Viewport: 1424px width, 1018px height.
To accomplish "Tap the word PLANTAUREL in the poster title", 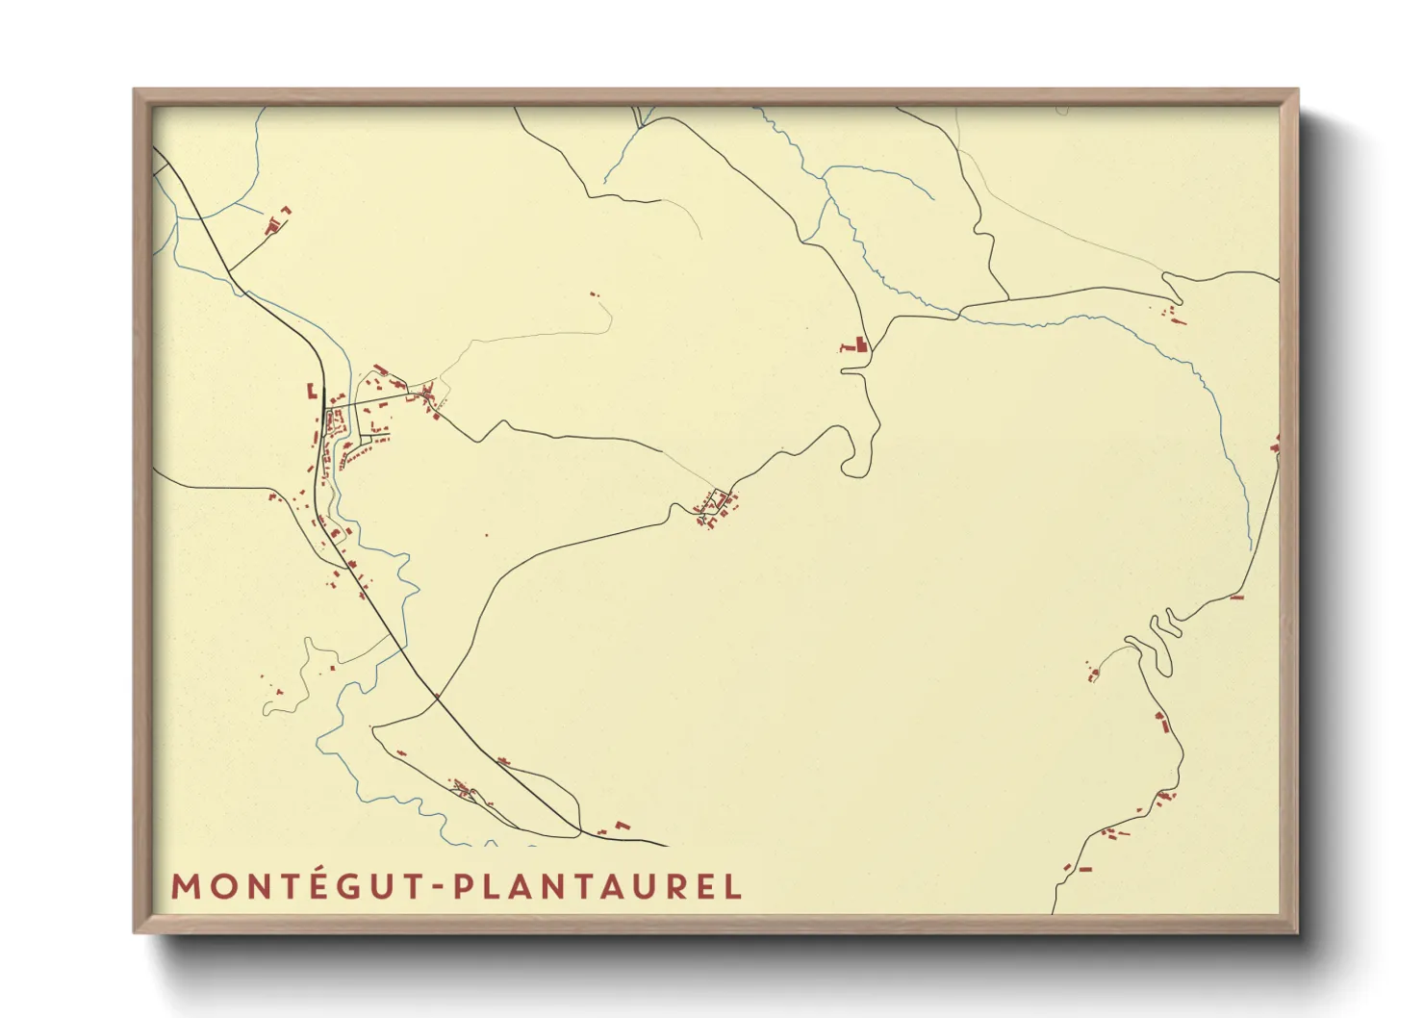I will tap(597, 886).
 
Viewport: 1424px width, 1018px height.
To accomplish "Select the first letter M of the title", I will tap(184, 887).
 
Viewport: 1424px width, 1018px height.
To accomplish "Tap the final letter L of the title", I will tap(734, 887).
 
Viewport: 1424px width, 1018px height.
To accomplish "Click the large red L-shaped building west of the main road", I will tap(311, 390).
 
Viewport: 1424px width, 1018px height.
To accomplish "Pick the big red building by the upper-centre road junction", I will tap(855, 344).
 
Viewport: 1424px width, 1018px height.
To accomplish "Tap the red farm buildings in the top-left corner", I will tap(276, 222).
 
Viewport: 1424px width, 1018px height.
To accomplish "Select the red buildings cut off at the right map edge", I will tap(1275, 445).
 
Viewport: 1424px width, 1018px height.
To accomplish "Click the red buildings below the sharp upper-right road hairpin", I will tap(1172, 314).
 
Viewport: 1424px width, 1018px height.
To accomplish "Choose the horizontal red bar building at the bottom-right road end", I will tap(1084, 869).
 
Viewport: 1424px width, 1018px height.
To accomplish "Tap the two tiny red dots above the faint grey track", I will tap(593, 293).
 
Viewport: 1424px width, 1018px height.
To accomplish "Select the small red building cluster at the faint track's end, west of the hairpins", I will tap(1093, 673).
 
